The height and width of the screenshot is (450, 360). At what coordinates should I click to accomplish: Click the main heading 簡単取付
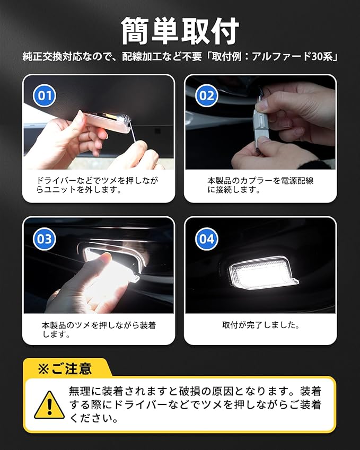click(x=180, y=31)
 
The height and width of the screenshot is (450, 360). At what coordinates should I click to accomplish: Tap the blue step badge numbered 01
click(x=45, y=95)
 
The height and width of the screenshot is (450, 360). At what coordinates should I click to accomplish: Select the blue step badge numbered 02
click(x=206, y=95)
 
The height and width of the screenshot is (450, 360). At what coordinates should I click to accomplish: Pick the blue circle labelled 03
click(x=45, y=239)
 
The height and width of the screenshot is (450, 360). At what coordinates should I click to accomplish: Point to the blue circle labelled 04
click(x=206, y=239)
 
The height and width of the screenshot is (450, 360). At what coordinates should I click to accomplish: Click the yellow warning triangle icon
click(x=49, y=405)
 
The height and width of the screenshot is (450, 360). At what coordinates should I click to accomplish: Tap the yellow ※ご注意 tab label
click(x=65, y=368)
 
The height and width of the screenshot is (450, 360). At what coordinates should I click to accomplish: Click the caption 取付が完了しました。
click(x=261, y=325)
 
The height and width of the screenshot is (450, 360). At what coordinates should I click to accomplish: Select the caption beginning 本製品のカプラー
click(x=260, y=185)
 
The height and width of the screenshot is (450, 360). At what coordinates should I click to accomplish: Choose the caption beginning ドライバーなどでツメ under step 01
click(x=98, y=185)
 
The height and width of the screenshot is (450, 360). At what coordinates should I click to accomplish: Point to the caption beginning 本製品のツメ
click(x=99, y=330)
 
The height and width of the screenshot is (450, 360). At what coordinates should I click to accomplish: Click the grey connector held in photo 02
click(x=261, y=127)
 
